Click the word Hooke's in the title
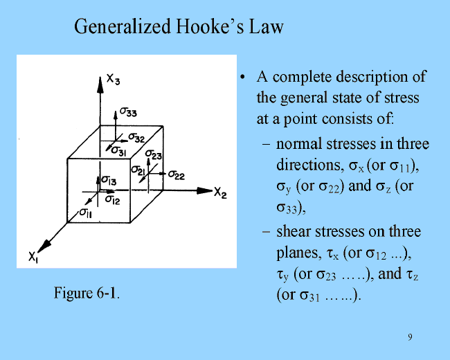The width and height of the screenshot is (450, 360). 210,26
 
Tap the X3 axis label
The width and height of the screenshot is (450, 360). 113,79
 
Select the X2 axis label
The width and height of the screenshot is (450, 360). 220,192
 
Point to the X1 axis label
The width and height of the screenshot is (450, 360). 33,257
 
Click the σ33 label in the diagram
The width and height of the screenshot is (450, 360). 128,112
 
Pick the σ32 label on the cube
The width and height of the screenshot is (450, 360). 136,138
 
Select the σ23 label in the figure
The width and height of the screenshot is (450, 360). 154,154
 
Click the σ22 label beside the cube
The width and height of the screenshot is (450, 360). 177,175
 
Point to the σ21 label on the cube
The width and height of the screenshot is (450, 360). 138,170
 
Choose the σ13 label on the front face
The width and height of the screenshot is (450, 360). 109,181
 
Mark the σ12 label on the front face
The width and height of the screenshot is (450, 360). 112,199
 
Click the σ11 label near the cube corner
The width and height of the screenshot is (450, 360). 86,213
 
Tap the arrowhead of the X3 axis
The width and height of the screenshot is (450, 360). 100,85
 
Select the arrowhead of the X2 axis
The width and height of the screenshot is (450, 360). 204,190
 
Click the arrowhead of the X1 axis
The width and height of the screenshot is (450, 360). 44,246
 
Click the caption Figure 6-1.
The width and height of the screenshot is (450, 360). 87,293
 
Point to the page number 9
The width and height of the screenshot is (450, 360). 410,337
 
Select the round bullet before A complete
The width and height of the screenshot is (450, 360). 243,78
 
